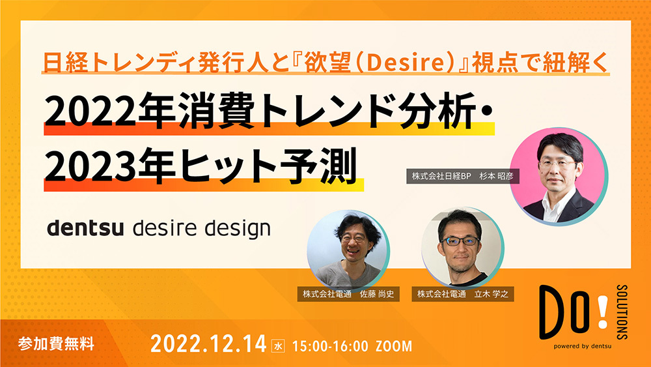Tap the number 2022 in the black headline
90,112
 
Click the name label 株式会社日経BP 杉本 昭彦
462,176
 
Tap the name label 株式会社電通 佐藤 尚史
348,294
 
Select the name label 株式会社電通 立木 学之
462,294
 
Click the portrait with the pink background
559,177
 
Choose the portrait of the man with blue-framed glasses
462,248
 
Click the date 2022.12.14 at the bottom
208,344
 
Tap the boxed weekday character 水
278,345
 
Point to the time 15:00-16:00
330,346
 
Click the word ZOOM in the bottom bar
394,346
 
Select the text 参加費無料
56,344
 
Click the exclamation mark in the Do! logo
602,312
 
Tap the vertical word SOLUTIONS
622,312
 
